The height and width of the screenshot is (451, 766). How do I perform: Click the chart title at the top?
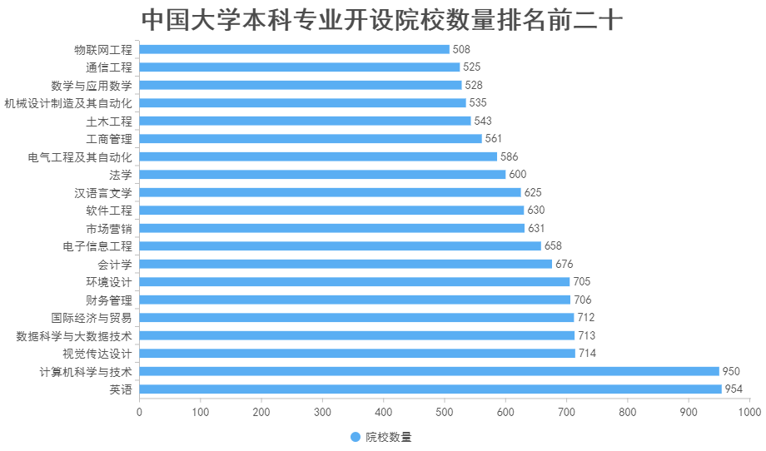click(x=382, y=19)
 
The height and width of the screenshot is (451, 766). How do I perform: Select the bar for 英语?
click(x=430, y=389)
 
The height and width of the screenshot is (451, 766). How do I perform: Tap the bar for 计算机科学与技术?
click(x=429, y=371)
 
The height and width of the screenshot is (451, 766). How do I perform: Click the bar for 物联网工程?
click(x=295, y=49)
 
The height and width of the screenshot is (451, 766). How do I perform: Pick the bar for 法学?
click(x=322, y=175)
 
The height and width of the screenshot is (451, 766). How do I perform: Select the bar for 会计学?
click(x=346, y=264)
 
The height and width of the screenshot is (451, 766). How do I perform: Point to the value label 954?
click(x=734, y=389)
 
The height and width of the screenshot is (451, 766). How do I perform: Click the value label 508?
click(x=461, y=49)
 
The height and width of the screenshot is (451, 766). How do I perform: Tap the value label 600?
click(x=518, y=175)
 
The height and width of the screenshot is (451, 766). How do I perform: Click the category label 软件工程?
click(x=109, y=211)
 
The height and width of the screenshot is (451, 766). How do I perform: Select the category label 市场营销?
click(x=109, y=228)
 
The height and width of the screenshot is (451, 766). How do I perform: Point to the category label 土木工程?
click(x=109, y=121)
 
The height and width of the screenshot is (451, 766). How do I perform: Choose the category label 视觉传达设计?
click(x=97, y=354)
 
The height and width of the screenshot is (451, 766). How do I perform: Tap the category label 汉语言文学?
click(x=103, y=192)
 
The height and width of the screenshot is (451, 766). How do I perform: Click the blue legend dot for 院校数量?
click(x=356, y=437)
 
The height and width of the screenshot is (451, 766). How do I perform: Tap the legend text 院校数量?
click(x=389, y=437)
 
